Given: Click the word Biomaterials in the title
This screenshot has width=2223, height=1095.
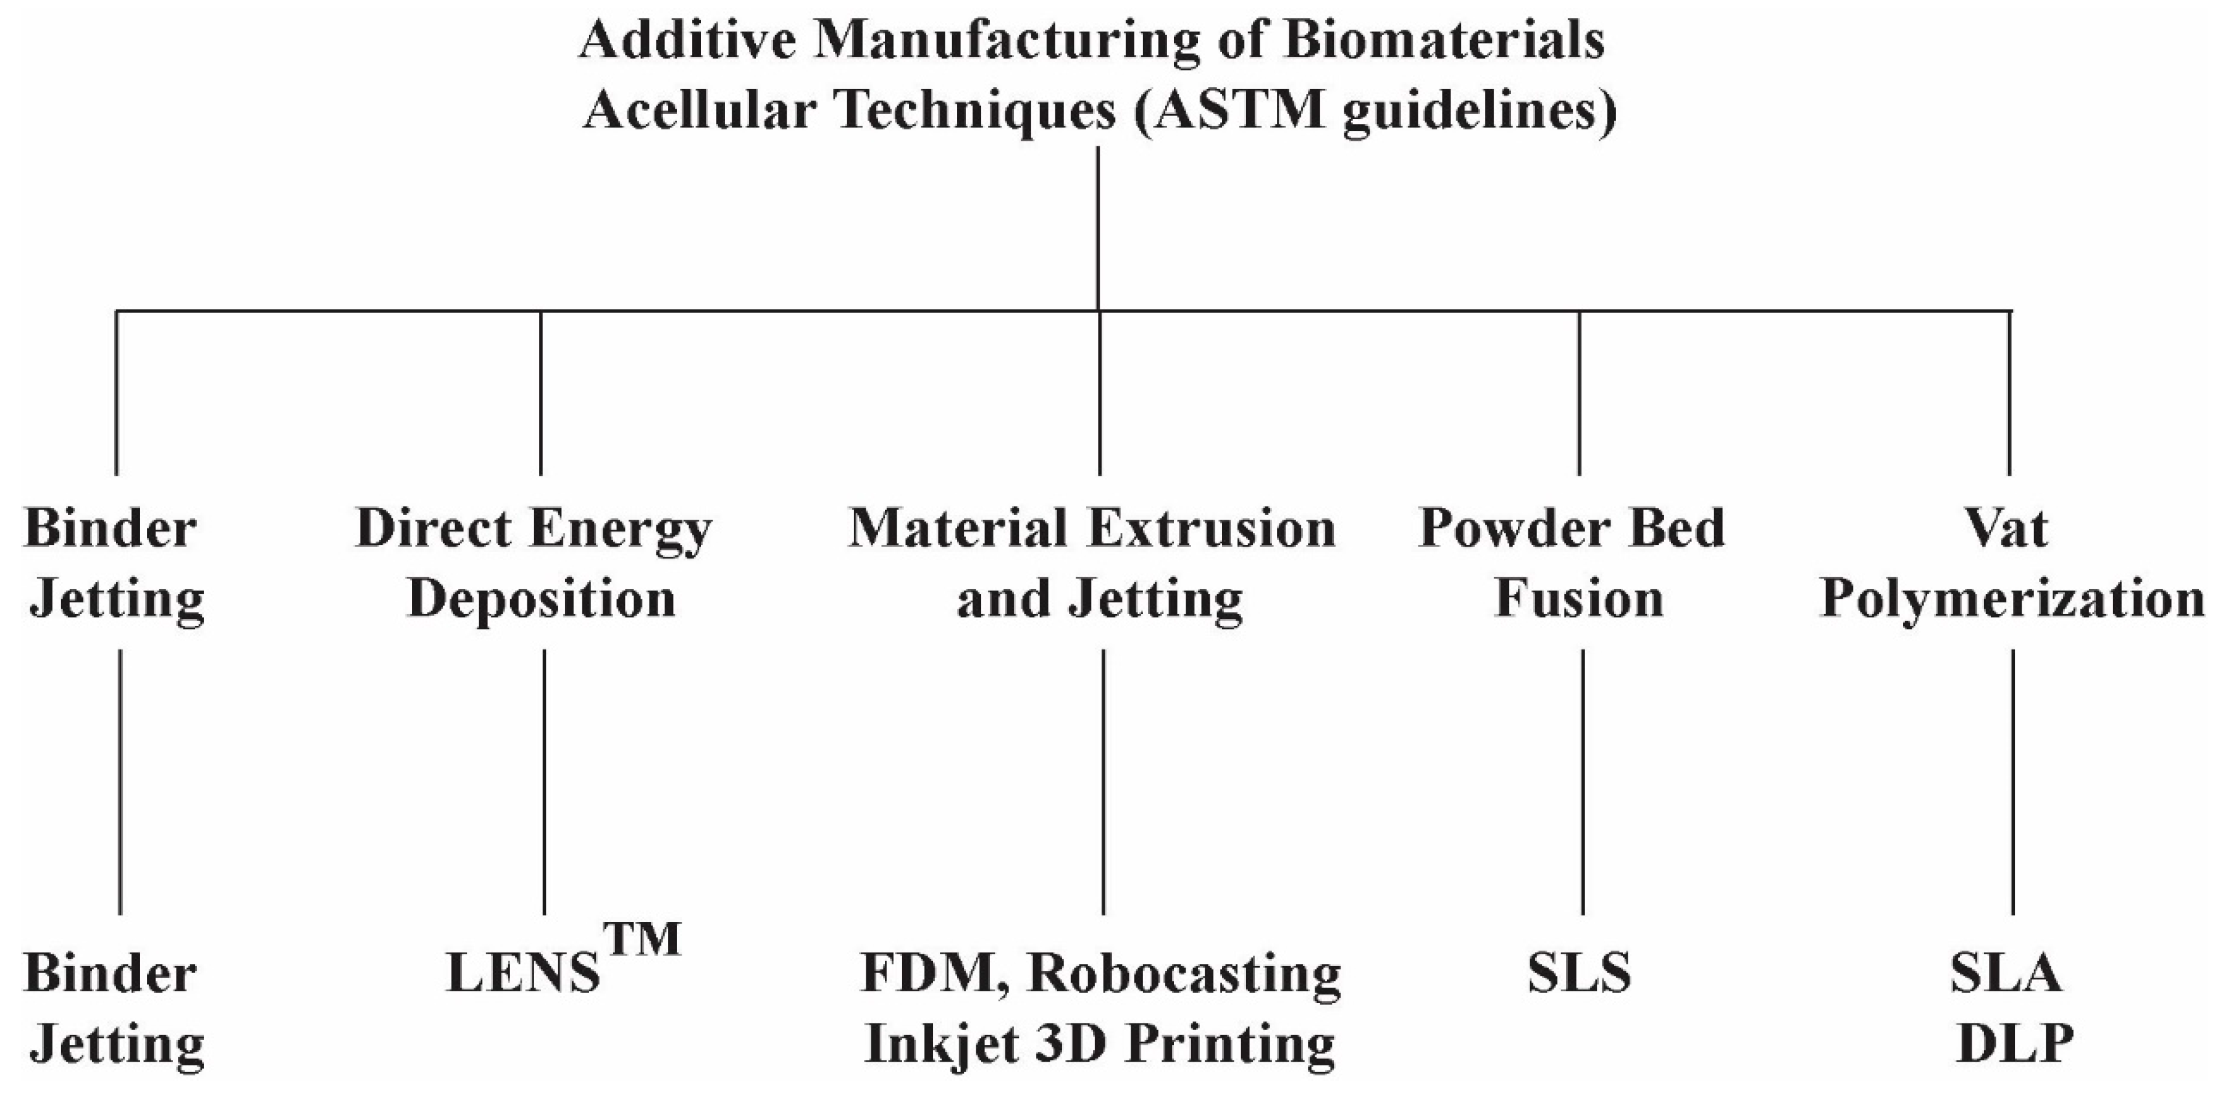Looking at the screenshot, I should (x=1444, y=41).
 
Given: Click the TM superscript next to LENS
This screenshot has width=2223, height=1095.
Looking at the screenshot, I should (x=642, y=939).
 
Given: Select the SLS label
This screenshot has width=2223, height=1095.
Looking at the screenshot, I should (x=1579, y=973).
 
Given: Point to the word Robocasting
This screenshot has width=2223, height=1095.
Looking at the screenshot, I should (x=1185, y=973).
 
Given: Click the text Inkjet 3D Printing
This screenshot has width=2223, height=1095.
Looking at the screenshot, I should (x=1099, y=1045).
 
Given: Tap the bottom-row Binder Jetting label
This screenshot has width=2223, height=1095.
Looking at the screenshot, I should (x=114, y=1010).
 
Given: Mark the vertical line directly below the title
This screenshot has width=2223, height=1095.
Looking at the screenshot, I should (x=1098, y=228).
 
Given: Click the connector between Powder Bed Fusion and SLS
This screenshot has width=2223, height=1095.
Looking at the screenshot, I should (x=1583, y=781).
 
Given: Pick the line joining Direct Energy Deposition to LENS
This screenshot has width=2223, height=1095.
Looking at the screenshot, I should (x=543, y=781).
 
